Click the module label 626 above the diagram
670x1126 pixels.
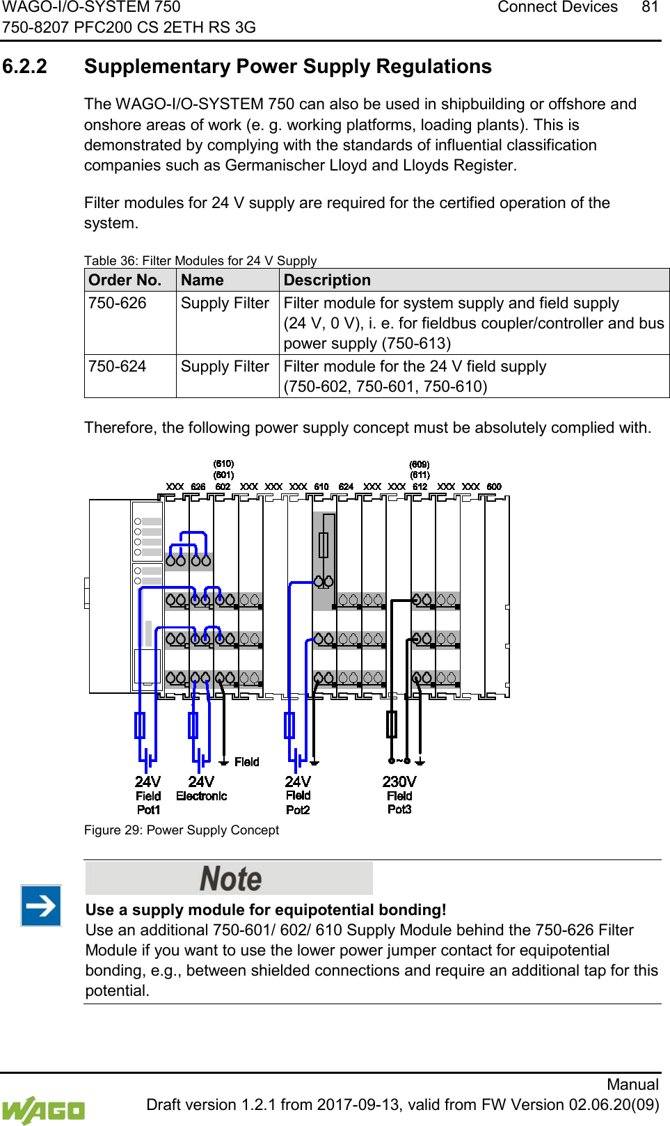pyautogui.click(x=198, y=486)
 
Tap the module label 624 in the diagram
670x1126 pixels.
pyautogui.click(x=346, y=486)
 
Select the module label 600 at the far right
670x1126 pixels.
pyautogui.click(x=494, y=486)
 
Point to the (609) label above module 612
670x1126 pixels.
pyautogui.click(x=420, y=464)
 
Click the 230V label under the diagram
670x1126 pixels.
pyautogui.click(x=399, y=782)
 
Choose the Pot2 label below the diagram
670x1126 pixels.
pyautogui.click(x=298, y=810)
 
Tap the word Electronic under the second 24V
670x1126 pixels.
pyautogui.click(x=202, y=796)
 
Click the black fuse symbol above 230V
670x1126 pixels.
pyautogui.click(x=392, y=724)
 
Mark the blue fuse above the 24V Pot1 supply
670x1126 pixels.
pyautogui.click(x=140, y=725)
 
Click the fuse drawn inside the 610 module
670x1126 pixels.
pyautogui.click(x=324, y=544)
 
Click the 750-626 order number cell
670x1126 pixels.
pyautogui.click(x=118, y=303)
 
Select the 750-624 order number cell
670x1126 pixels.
pyautogui.click(x=118, y=367)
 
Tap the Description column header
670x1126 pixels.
pyautogui.click(x=327, y=280)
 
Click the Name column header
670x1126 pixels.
pyautogui.click(x=202, y=280)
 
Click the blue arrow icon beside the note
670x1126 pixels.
pyautogui.click(x=41, y=905)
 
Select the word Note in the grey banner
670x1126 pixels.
pyautogui.click(x=230, y=878)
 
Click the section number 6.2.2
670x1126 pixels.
pyautogui.click(x=25, y=67)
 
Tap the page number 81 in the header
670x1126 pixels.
pyautogui.click(x=650, y=8)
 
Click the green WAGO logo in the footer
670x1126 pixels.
pyautogui.click(x=43, y=1109)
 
